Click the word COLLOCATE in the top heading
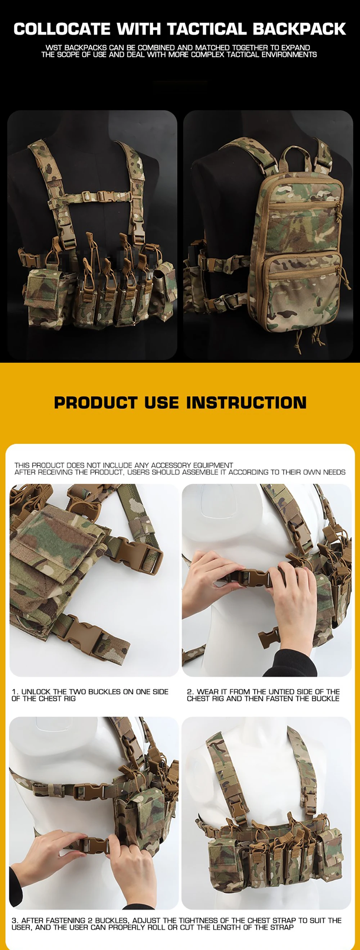pos(62,29)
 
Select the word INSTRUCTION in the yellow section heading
pos(246,402)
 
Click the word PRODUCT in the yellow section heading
pos(95,402)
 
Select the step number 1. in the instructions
pos(15,692)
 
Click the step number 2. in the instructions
pos(190,692)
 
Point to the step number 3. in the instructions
pos(15,920)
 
